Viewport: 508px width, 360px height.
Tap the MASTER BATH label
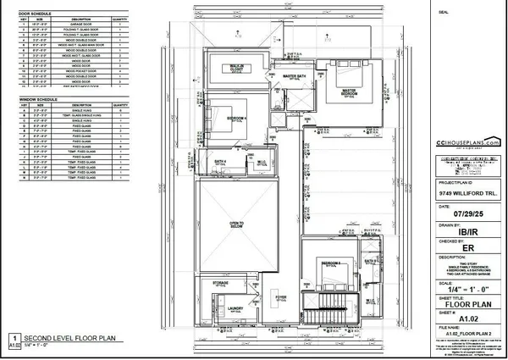295,76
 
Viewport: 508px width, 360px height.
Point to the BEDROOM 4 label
238,118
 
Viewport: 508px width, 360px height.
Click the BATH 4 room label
219,161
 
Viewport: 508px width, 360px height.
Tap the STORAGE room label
220,282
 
